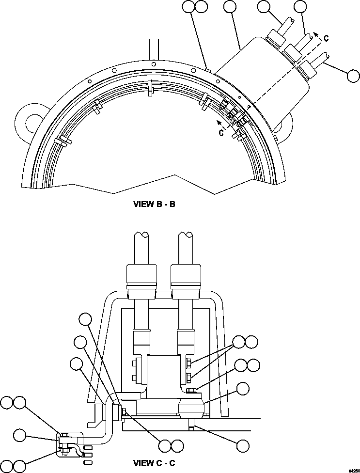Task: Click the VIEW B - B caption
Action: tap(154, 204)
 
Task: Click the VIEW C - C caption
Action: tap(154, 463)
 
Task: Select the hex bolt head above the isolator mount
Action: tap(191, 390)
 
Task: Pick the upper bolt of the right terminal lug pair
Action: tap(188, 363)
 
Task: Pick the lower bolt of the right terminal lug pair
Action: tap(188, 376)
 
